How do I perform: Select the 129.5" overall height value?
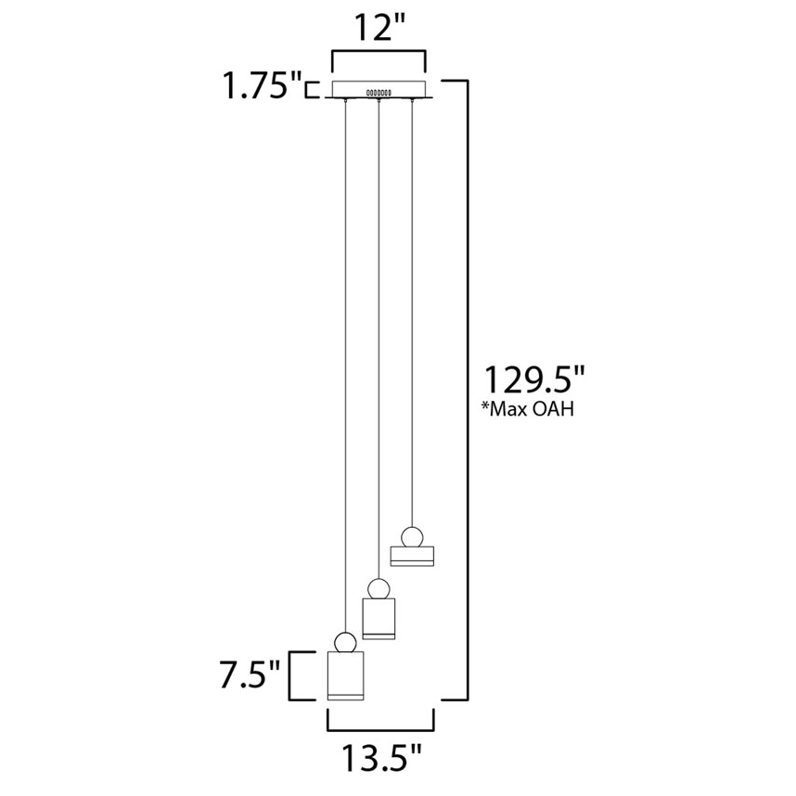(x=535, y=379)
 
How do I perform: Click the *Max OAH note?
(x=528, y=408)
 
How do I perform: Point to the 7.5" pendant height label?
(x=250, y=674)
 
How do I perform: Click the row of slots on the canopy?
(x=379, y=93)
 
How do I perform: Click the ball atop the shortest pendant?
(x=412, y=537)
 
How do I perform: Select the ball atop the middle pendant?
(x=379, y=589)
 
